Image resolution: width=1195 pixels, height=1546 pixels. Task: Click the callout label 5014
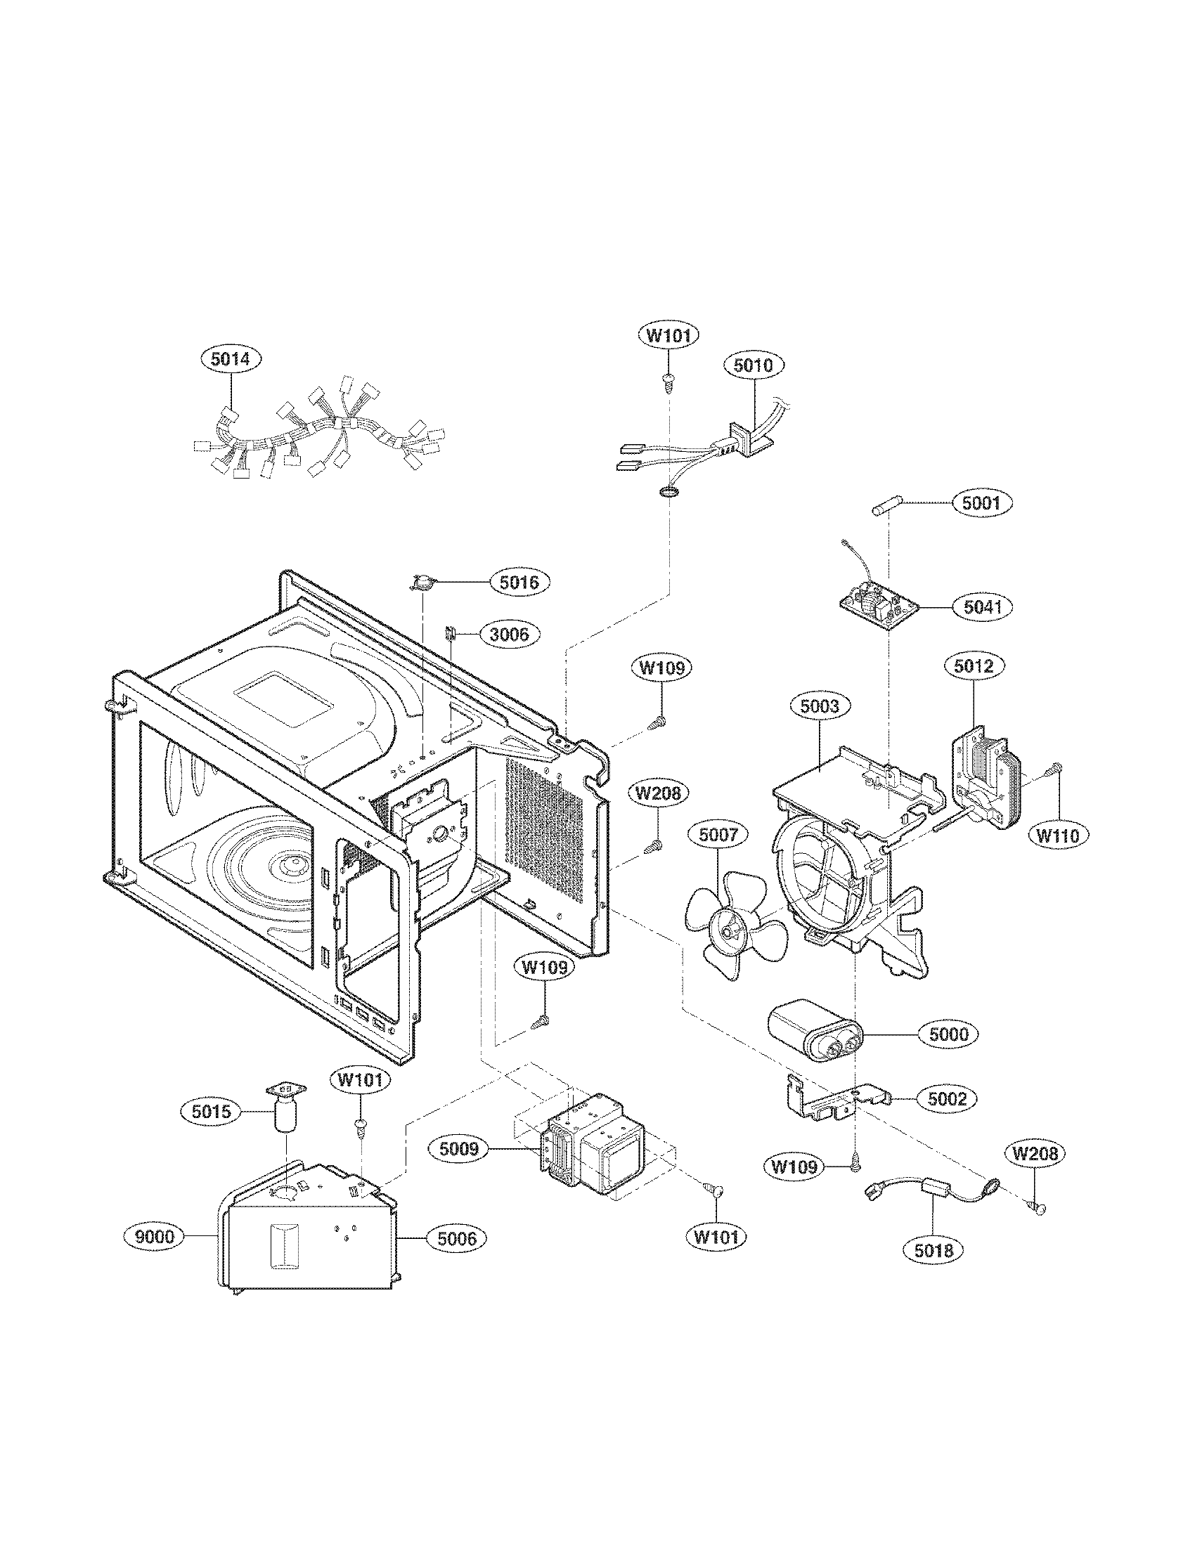pyautogui.click(x=231, y=359)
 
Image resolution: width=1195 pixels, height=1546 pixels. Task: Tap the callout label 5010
pyautogui.click(x=754, y=365)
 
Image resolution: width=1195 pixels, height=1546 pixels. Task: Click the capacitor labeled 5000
pyautogui.click(x=815, y=1034)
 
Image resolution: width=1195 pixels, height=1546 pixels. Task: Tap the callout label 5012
pyautogui.click(x=974, y=666)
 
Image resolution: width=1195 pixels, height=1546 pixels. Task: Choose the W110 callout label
pyautogui.click(x=1058, y=836)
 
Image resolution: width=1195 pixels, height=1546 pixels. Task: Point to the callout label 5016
pyautogui.click(x=519, y=583)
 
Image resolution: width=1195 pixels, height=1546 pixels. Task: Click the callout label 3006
pyautogui.click(x=509, y=634)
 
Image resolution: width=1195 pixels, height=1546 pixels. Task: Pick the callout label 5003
pyautogui.click(x=820, y=706)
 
